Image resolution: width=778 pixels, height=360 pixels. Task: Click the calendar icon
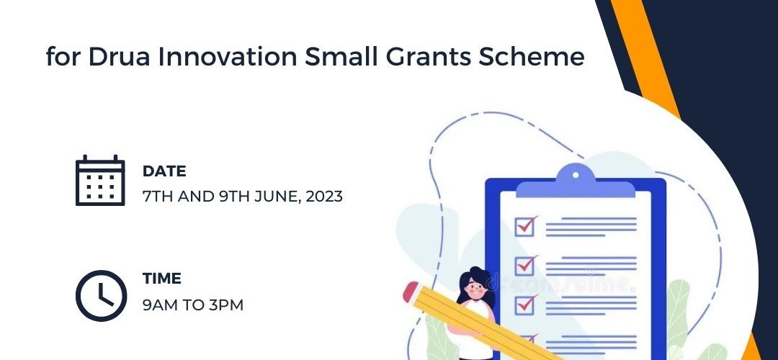(100, 180)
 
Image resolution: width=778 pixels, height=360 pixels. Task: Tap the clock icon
(102, 295)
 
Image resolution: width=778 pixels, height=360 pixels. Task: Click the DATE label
(164, 171)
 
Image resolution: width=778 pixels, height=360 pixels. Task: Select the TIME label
(162, 278)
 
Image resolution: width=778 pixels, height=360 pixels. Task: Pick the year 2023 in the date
(324, 197)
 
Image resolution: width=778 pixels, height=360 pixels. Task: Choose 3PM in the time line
(225, 305)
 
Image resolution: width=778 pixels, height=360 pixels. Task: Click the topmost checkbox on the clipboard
(525, 226)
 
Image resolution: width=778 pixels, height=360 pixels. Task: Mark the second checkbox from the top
(525, 265)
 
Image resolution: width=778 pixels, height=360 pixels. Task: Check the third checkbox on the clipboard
(525, 304)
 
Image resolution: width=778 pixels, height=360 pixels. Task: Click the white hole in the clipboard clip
(576, 174)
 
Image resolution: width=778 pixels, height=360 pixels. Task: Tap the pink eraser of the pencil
(411, 292)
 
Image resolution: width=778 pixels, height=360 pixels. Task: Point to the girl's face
(475, 291)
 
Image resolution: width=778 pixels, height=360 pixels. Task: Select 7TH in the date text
(158, 197)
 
